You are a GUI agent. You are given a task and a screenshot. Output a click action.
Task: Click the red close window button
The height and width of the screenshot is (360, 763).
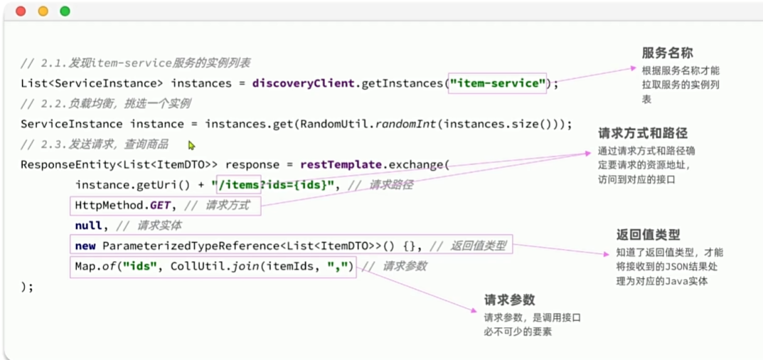21,11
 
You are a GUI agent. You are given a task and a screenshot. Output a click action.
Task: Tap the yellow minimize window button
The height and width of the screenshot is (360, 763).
43,11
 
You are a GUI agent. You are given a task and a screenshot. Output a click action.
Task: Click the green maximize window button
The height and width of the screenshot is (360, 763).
65,11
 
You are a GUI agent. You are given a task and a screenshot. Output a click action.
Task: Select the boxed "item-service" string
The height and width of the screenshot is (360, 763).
497,83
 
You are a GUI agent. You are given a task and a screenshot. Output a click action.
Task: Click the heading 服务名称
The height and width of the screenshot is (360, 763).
667,53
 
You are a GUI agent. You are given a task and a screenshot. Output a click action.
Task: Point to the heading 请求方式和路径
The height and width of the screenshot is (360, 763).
643,134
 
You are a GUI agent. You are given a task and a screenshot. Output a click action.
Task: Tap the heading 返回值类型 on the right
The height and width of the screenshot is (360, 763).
649,235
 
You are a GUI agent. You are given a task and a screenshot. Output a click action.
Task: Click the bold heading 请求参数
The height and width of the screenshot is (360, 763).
509,300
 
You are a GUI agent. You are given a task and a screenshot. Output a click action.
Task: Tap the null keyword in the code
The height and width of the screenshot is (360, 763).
88,226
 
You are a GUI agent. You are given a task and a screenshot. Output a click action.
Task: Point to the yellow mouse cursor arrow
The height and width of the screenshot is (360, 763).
191,146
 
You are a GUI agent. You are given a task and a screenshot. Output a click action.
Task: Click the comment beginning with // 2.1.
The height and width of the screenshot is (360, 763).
135,63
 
